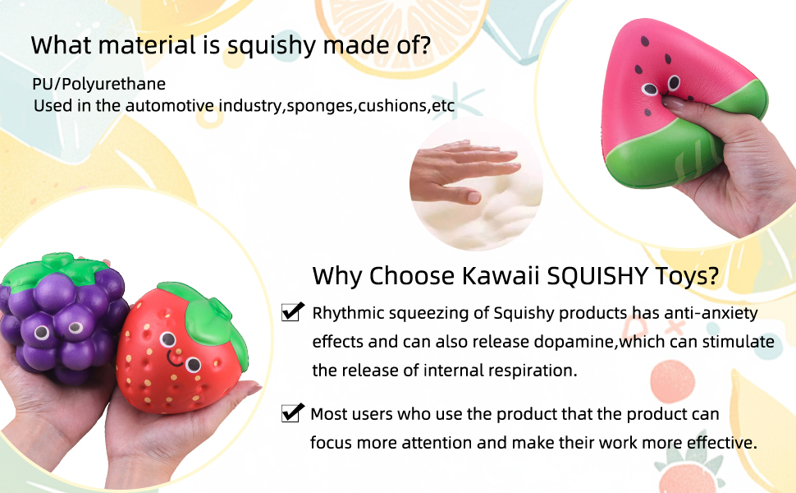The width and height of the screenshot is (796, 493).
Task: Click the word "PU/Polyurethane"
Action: tap(99, 84)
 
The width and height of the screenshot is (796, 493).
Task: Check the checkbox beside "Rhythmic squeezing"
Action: tap(292, 311)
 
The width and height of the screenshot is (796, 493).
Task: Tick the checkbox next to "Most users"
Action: tap(292, 412)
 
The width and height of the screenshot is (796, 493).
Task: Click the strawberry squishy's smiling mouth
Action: tap(174, 360)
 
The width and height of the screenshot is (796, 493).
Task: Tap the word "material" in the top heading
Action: tap(147, 45)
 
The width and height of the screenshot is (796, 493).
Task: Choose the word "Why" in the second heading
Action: tap(336, 277)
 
